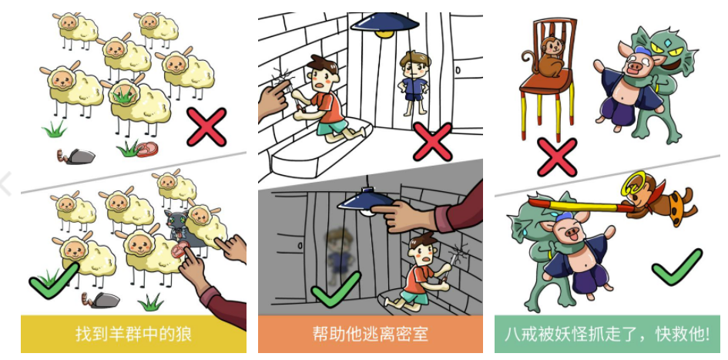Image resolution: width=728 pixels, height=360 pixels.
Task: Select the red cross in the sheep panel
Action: click(206, 127)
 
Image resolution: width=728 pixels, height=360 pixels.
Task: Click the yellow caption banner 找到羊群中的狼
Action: click(133, 335)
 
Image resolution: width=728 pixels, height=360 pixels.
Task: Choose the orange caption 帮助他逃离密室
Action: click(370, 335)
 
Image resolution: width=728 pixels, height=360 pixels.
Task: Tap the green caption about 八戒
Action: click(606, 335)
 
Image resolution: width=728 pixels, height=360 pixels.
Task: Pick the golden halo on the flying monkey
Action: click(633, 185)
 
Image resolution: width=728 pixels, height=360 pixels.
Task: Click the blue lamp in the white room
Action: click(385, 24)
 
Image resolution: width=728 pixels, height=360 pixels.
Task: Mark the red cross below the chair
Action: click(557, 157)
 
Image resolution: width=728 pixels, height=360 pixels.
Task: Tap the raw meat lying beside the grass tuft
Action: click(146, 150)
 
